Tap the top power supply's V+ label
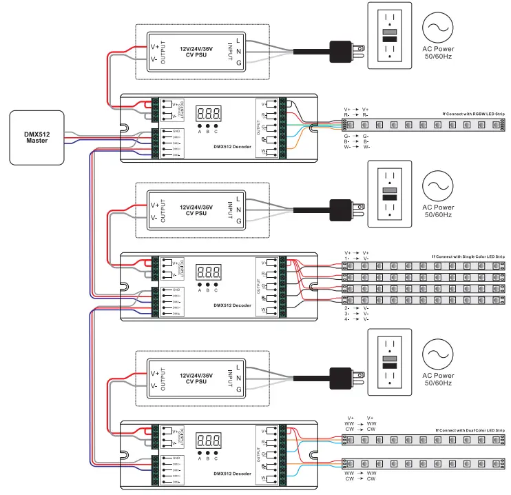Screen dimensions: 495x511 point(156,47)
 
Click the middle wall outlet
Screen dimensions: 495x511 point(390,192)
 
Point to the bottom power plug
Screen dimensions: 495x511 point(342,378)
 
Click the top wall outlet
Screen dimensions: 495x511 point(390,36)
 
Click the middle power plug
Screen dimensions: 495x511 point(342,208)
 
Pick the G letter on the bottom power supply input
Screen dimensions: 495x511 point(238,390)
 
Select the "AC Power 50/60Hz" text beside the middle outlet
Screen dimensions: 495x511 point(438,211)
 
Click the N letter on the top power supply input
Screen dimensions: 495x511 point(238,52)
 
